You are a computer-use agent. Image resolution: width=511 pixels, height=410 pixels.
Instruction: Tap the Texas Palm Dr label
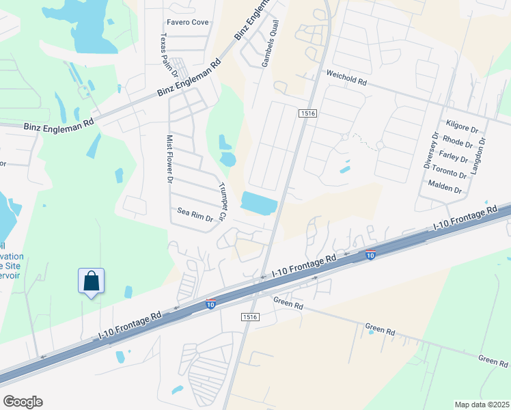tap(168, 54)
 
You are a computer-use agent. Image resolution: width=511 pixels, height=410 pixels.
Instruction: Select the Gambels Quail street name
tap(270, 44)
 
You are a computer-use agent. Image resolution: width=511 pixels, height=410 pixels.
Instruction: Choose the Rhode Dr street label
tap(457, 143)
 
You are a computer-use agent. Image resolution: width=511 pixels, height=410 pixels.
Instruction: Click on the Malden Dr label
tap(445, 186)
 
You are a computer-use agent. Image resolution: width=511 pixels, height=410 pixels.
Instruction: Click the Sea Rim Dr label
tap(195, 215)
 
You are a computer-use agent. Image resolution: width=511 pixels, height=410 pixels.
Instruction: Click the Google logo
tap(23, 401)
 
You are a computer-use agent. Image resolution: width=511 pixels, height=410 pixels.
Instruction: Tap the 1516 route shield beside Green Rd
tap(249, 317)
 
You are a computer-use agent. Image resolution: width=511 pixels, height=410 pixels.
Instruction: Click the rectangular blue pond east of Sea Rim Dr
tap(259, 203)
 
